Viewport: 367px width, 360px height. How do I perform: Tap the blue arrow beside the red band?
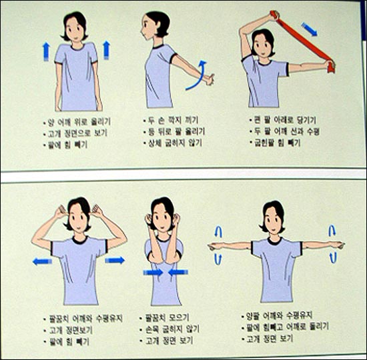[x=310, y=29]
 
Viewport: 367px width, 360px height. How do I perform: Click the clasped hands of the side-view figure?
[x=208, y=81]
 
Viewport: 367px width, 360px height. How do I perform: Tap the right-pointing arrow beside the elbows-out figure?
[x=115, y=260]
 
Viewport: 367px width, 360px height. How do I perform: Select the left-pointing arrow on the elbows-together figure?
[x=177, y=272]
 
